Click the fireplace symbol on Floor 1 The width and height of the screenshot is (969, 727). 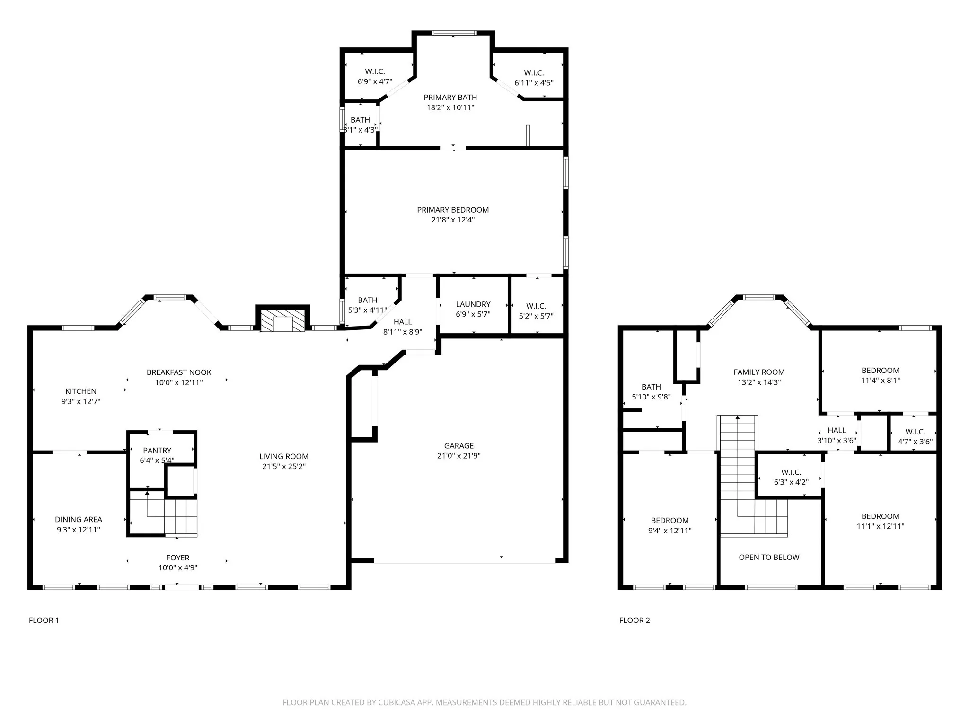(283, 321)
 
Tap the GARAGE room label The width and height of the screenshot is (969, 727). (458, 446)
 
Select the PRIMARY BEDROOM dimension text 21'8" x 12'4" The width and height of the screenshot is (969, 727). (453, 220)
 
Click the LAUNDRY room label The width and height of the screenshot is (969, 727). (473, 304)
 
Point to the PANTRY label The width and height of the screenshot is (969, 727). (157, 450)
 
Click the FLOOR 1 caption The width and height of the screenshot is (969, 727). (44, 620)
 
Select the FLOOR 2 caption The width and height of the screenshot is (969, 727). (634, 620)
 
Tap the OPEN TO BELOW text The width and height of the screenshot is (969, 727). (769, 557)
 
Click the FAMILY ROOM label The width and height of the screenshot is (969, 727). (759, 372)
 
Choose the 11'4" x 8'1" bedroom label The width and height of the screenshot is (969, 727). (880, 375)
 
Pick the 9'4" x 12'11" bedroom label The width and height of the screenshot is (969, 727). (669, 525)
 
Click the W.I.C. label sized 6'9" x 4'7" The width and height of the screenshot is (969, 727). (375, 76)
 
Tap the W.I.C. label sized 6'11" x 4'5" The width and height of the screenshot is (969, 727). (534, 78)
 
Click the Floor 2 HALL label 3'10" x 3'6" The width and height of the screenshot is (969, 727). (837, 435)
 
